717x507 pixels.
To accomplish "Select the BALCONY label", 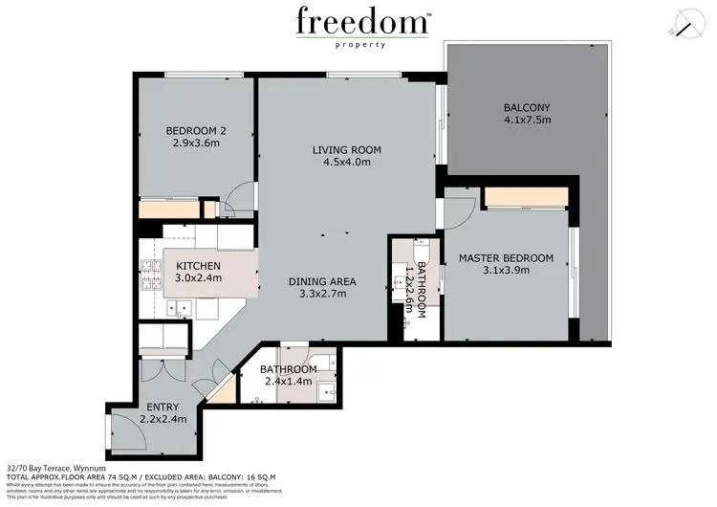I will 527,107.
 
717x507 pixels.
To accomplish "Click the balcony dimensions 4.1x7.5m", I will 528,121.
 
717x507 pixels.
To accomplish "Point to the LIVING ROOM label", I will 347,149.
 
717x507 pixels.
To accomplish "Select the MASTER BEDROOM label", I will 506,258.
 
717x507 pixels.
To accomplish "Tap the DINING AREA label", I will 323,281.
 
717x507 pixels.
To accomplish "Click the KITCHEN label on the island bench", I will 199,265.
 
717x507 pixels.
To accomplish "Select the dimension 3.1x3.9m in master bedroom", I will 506,272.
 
